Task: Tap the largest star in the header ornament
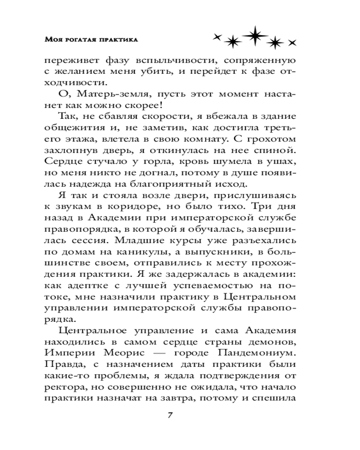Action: point(254,36)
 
